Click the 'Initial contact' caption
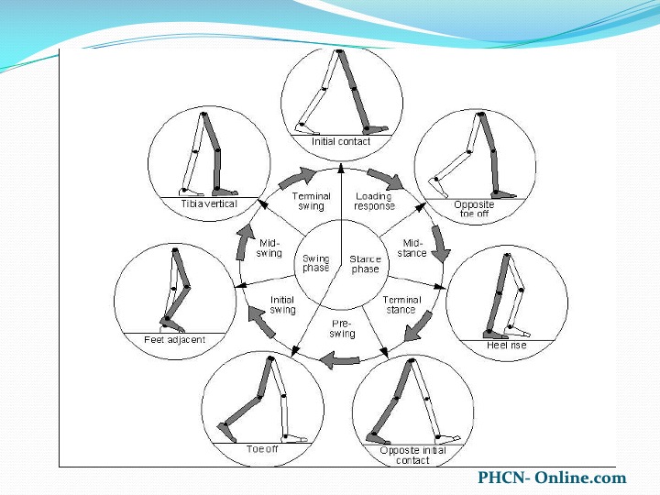coord(341,141)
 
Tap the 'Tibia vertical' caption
coord(209,203)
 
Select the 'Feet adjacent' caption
coord(175,340)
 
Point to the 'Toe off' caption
coord(262,449)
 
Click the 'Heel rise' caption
coord(506,346)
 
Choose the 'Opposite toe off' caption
coord(474,209)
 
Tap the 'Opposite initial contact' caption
coord(412,456)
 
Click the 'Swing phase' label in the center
coord(315,263)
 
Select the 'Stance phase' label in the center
coord(366,264)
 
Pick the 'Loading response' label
coord(374,201)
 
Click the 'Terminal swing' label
coord(312,201)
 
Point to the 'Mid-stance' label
coord(412,248)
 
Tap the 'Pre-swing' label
coord(342,329)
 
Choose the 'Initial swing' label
coord(282,305)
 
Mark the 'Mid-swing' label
coord(269,248)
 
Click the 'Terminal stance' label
coord(401,304)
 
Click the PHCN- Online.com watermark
coord(552,478)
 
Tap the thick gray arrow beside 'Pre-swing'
coord(340,360)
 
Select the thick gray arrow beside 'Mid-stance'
coord(440,244)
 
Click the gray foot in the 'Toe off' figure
coord(225,432)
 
